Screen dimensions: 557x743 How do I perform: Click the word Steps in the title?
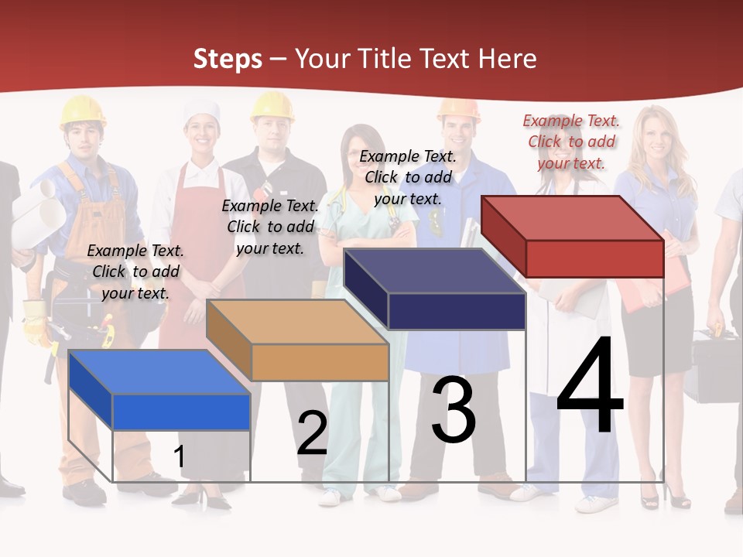click(x=228, y=60)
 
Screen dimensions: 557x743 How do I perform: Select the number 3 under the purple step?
click(x=453, y=410)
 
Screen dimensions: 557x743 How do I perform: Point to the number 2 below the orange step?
click(x=312, y=434)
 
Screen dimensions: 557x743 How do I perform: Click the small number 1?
click(x=179, y=456)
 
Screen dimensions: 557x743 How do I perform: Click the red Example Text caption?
click(x=571, y=142)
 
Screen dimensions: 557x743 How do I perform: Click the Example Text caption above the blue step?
click(x=135, y=272)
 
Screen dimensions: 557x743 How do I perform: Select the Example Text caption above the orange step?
click(x=270, y=227)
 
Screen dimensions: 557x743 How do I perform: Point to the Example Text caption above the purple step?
click(x=408, y=177)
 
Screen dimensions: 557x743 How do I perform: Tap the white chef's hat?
click(x=201, y=113)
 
